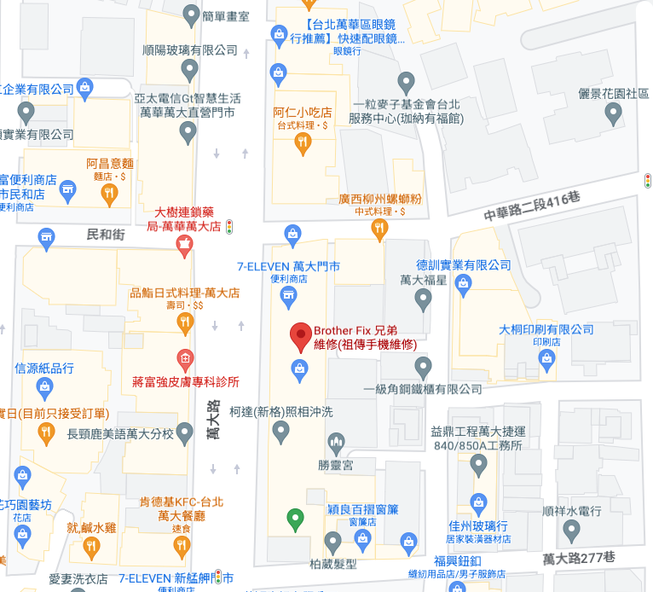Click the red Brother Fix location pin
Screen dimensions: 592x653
[299, 337]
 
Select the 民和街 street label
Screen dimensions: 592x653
[106, 234]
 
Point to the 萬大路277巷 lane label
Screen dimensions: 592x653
[578, 558]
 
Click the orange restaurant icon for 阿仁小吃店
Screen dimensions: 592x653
[302, 145]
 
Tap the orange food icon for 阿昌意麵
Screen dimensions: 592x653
[108, 194]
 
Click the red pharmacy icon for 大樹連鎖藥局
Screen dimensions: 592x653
[183, 247]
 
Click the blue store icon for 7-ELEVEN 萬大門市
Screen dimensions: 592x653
[289, 296]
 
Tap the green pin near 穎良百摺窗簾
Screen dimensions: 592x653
[295, 518]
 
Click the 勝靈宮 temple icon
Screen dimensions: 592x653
[335, 443]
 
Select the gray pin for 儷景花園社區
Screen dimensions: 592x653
[613, 114]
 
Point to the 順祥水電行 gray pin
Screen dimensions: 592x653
[572, 532]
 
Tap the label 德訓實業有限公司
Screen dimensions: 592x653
[463, 265]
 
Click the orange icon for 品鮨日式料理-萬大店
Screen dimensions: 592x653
[184, 322]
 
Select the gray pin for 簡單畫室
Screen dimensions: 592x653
[192, 14]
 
